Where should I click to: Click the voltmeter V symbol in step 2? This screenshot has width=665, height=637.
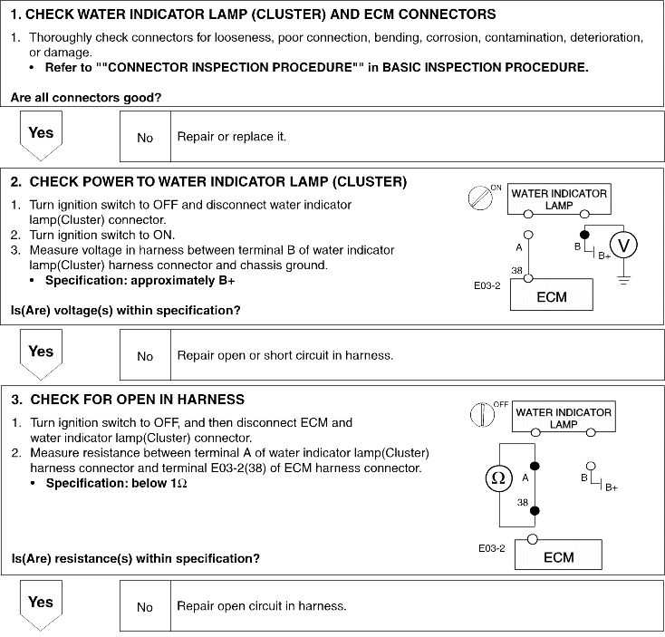(x=622, y=245)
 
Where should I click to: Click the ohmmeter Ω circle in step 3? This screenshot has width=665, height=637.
(x=498, y=479)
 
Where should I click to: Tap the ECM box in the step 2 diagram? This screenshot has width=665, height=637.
(x=551, y=295)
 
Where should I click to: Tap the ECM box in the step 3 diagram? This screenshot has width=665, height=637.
(x=559, y=555)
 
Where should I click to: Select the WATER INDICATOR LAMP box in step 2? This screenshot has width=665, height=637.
(x=559, y=199)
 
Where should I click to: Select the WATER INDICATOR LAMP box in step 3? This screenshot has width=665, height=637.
(x=563, y=418)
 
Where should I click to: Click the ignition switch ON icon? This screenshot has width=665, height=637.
(x=479, y=198)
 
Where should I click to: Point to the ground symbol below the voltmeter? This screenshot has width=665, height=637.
(x=622, y=282)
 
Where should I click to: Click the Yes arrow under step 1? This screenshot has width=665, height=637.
(x=41, y=136)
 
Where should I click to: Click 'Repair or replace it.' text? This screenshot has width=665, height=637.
(x=232, y=137)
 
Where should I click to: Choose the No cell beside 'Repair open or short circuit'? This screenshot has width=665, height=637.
(x=145, y=356)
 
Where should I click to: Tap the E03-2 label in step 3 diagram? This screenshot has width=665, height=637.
(x=492, y=548)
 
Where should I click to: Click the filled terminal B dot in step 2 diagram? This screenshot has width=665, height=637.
(x=584, y=234)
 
